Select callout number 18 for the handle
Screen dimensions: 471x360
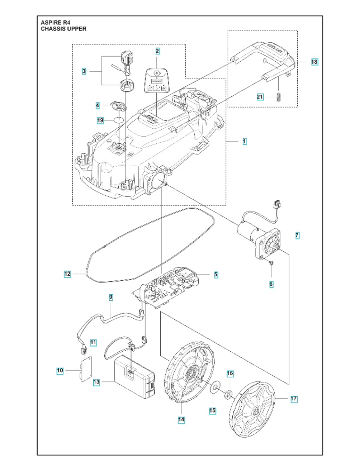pos(314,62)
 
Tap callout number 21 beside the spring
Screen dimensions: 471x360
pos(260,97)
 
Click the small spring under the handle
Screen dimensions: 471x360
pos(278,97)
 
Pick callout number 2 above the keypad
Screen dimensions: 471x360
pos(157,50)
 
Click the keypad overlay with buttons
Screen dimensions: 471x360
pos(157,80)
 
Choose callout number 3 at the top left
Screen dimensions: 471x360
pos(83,71)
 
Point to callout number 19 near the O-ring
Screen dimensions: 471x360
pos(100,121)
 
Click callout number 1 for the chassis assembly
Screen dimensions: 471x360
pos(244,141)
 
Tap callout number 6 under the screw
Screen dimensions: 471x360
pos(271,284)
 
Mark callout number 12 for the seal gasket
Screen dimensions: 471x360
pos(67,273)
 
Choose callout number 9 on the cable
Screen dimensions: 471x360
pos(111,297)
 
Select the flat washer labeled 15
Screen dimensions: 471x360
pos(215,387)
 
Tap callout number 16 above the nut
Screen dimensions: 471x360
pos(230,373)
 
